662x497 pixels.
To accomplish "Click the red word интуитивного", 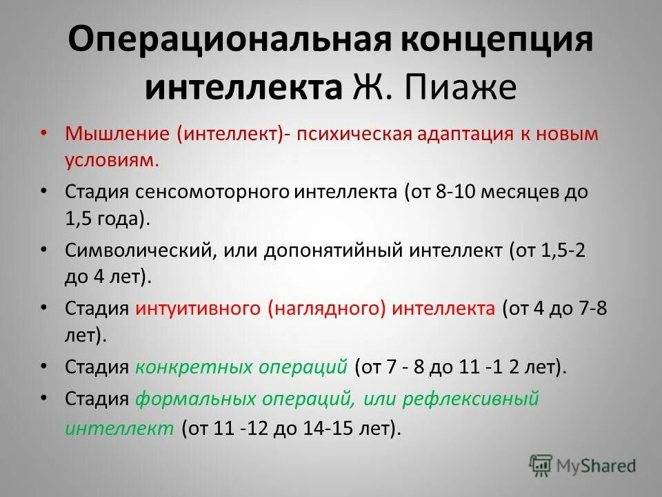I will click(x=197, y=308).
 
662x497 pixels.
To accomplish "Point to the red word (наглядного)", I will click(x=328, y=308).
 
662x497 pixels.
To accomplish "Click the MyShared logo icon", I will click(x=541, y=465).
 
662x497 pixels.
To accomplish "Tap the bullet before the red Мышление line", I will click(x=44, y=132).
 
